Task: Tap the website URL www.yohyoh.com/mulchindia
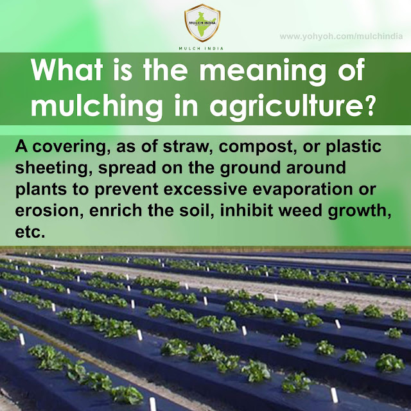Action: [x=340, y=37]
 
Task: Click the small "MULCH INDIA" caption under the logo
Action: [x=205, y=48]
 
